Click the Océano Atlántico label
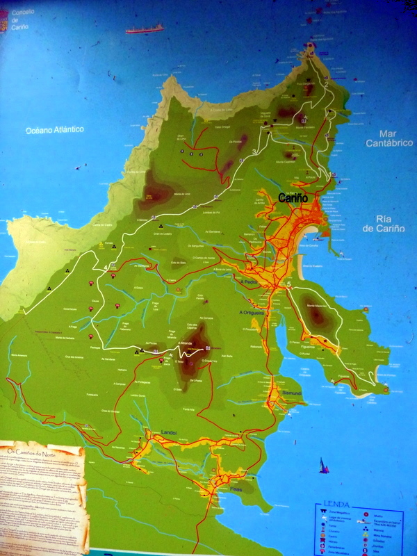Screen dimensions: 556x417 coord(54,130)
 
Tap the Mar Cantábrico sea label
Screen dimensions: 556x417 coord(391,138)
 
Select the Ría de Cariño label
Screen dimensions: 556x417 coord(389,222)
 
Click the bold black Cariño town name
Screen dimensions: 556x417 coord(293,198)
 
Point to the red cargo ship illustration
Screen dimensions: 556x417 coord(144,29)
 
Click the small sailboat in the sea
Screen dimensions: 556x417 coord(324,466)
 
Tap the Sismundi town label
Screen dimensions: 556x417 coord(292,393)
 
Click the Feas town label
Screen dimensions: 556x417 coord(236,489)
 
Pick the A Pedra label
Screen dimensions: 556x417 coord(249,283)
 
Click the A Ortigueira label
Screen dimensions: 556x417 coord(252,312)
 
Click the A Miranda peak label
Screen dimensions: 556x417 coord(184,343)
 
